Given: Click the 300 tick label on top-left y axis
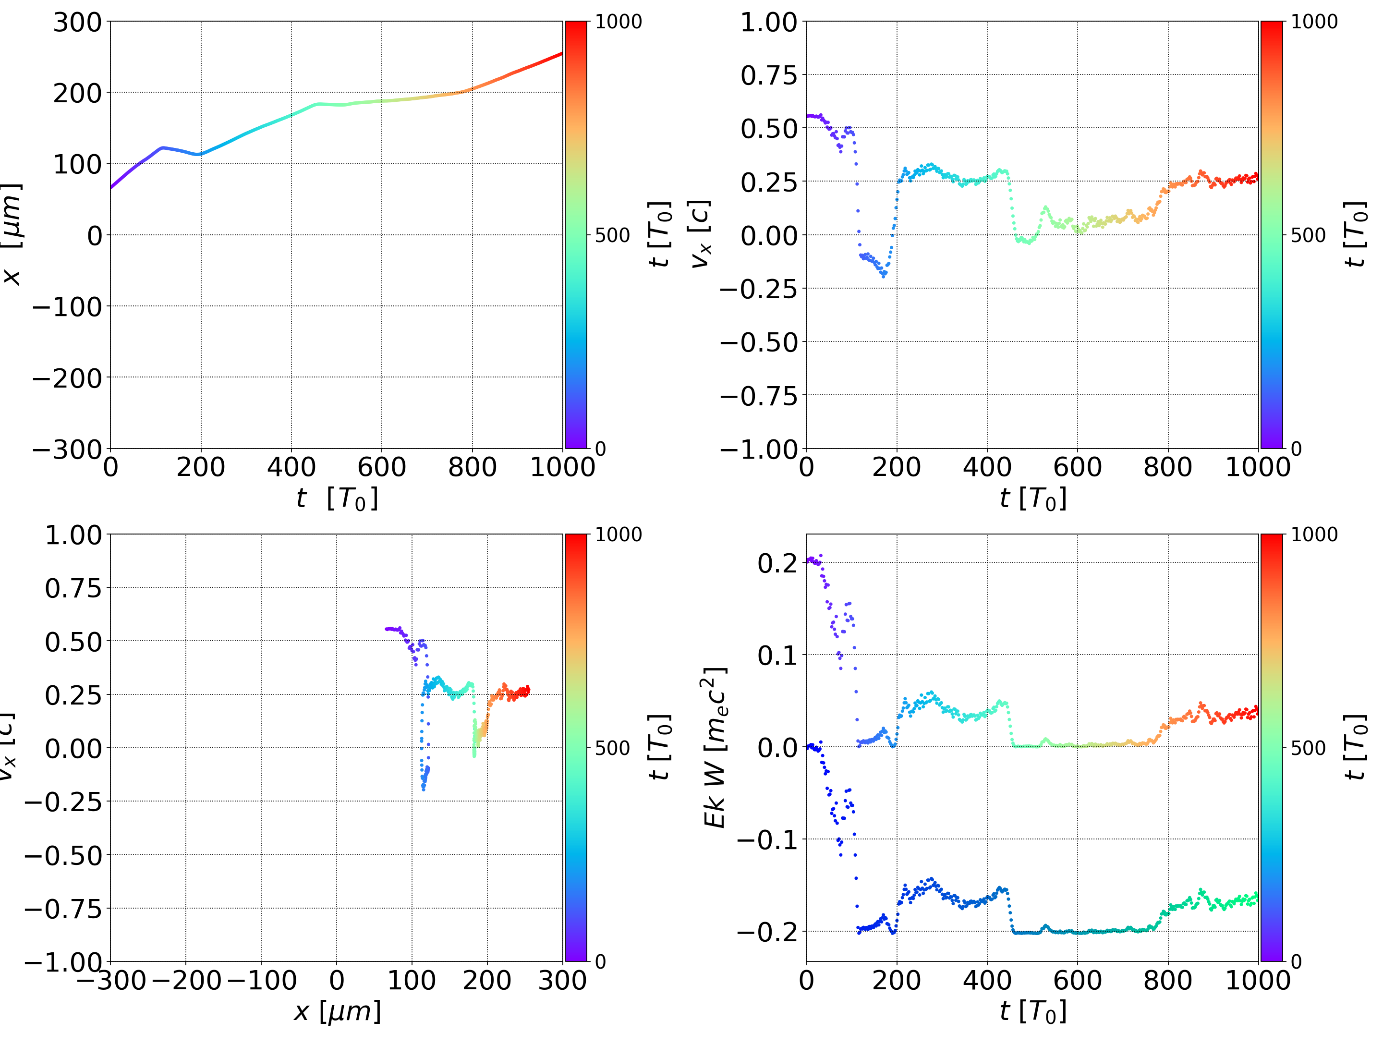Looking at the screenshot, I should tap(77, 23).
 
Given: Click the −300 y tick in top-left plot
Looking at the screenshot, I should tap(67, 450).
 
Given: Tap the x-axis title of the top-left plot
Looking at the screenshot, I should tap(337, 498).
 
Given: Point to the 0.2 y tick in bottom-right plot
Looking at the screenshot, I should tap(778, 563).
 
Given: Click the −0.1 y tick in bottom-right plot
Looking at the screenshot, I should tap(767, 840).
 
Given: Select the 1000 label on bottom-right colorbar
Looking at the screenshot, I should tap(1314, 535).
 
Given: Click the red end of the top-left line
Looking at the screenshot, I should tap(561, 54).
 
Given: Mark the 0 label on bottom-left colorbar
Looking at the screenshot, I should tap(600, 962).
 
